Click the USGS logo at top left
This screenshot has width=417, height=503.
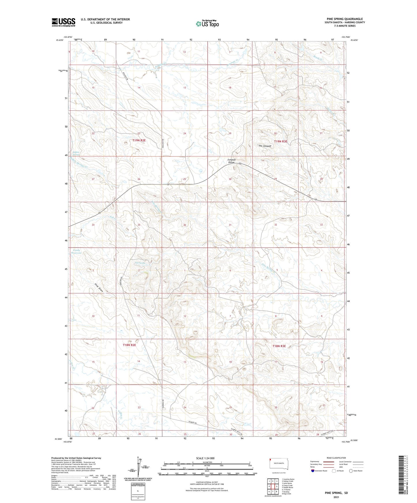coord(63,22)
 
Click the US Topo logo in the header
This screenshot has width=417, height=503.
coord(207,23)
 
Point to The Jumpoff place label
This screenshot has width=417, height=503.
coord(265,146)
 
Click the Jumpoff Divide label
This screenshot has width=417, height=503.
coord(232,161)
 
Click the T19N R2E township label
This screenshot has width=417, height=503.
coord(139,140)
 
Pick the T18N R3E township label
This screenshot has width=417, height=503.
coord(279,346)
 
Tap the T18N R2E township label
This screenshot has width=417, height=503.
coord(129,345)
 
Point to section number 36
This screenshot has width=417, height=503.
coord(185,225)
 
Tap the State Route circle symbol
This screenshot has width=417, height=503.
coord(351,471)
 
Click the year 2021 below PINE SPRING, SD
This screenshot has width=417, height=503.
coord(336,497)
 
